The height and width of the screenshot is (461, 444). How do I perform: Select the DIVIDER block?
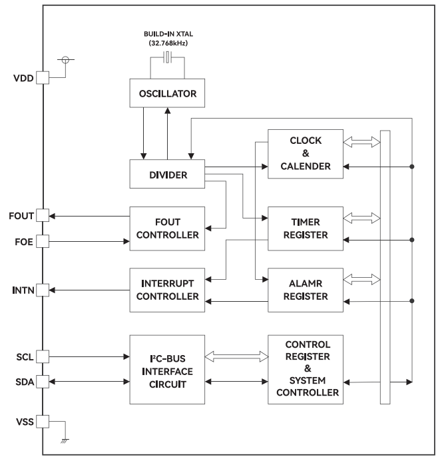click(x=167, y=175)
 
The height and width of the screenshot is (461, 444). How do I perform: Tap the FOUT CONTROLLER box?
click(x=167, y=228)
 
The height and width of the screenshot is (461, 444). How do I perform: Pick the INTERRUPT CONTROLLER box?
click(x=167, y=290)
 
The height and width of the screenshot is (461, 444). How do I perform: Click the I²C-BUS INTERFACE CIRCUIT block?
click(x=167, y=369)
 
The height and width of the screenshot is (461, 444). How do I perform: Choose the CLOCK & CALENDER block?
click(x=305, y=153)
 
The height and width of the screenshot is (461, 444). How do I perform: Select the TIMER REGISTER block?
click(x=305, y=228)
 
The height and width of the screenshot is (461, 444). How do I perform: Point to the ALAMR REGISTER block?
click(x=305, y=290)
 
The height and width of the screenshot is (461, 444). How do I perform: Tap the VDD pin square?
click(x=43, y=77)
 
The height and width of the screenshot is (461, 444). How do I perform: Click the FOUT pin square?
click(x=43, y=215)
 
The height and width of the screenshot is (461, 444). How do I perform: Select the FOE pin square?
click(x=43, y=240)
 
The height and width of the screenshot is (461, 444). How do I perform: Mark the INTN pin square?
click(x=43, y=290)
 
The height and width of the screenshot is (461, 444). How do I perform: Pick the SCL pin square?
click(x=43, y=356)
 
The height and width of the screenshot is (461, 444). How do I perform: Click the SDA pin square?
click(x=43, y=381)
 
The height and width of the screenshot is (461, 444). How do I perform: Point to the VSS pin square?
click(x=43, y=421)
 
